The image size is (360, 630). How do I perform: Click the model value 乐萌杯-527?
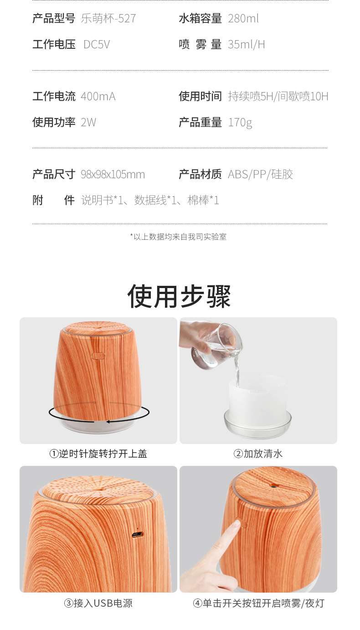point(108,19)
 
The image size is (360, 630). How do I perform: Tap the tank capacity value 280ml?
point(243,19)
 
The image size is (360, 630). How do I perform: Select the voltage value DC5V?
point(97,45)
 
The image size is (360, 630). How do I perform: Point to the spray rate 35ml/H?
point(247,45)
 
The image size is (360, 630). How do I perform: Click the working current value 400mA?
point(98,97)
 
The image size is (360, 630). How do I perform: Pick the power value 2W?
point(88,123)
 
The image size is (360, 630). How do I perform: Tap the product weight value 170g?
point(240,123)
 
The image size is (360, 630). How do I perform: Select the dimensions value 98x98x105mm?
point(113,175)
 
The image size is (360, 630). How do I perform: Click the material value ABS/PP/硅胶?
point(261,175)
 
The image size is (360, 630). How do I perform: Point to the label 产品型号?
point(54,19)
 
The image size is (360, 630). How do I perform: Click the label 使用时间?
point(200,97)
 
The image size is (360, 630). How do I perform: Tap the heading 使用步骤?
point(179,296)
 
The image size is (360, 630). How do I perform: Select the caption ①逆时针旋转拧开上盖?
point(98,454)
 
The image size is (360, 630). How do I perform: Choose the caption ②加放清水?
point(258,454)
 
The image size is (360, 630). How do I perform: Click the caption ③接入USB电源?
point(98,604)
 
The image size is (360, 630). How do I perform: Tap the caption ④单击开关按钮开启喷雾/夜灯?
point(258,604)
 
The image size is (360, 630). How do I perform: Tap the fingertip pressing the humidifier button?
point(236,525)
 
